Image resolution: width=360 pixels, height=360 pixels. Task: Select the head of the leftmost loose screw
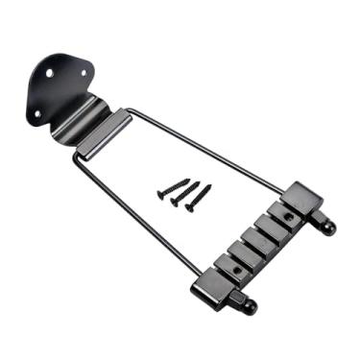click(160, 194)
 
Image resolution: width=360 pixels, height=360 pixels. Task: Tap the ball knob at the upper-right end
click(330, 228)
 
